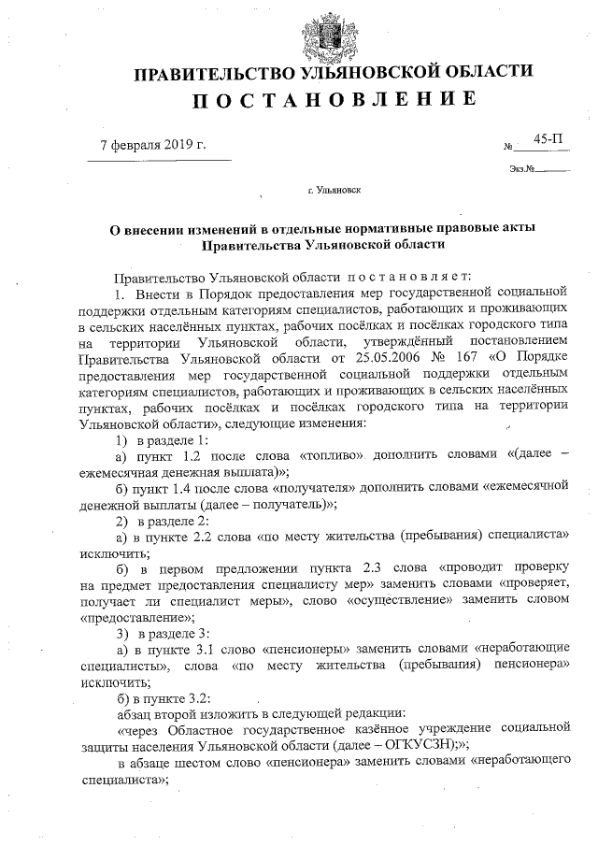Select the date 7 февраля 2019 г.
pyautogui.click(x=152, y=145)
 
